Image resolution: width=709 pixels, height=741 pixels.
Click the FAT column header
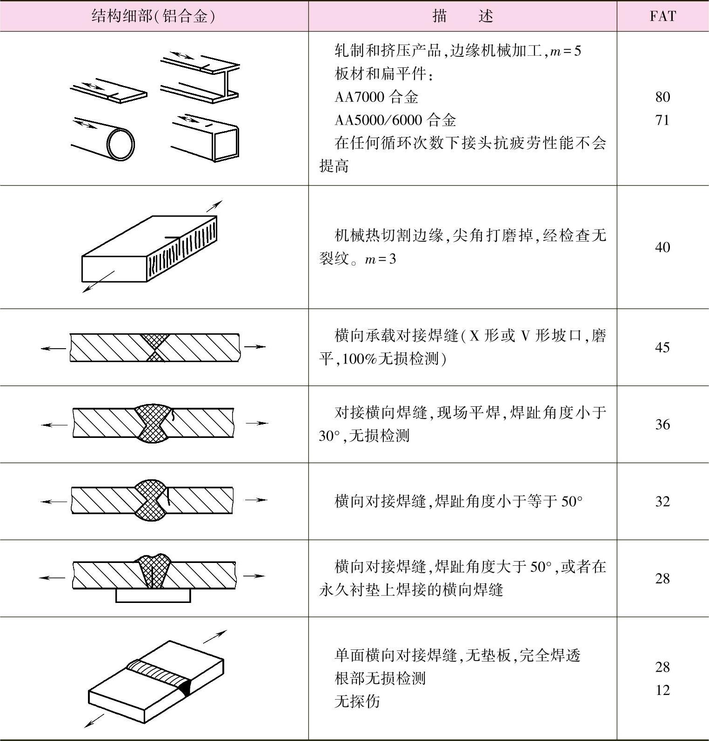662,16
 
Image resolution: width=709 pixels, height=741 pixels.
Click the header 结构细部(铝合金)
154,16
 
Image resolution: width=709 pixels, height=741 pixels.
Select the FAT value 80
662,97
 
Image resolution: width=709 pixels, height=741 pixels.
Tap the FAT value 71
662,120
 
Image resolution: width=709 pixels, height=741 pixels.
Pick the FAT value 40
662,247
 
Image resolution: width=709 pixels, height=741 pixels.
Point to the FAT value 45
662,347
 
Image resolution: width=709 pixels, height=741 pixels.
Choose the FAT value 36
662,424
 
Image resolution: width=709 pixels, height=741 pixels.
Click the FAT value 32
662,501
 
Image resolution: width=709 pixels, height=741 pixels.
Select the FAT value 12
662,690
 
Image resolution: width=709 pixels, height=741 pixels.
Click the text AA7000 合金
376,97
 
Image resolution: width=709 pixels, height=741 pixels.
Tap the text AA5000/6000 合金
395,120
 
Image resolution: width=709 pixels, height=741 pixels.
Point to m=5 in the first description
565,51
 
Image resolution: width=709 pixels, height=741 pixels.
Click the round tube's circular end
120,144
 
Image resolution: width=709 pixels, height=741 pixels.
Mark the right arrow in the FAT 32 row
255,500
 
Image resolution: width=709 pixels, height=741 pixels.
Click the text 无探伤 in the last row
357,701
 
